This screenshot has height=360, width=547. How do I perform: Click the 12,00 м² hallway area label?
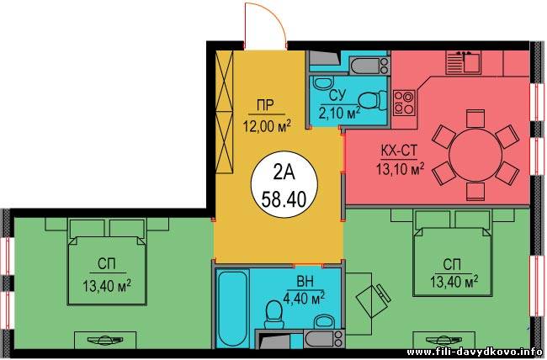[x=268, y=126]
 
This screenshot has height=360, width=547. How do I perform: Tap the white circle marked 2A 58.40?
[x=284, y=184]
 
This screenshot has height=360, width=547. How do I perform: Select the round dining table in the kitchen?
[x=475, y=156]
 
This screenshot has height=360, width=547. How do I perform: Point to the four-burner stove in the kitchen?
[x=404, y=103]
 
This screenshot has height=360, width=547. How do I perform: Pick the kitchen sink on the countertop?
[x=464, y=62]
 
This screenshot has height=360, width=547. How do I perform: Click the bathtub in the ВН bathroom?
[x=232, y=308]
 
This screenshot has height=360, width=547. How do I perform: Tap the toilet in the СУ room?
[x=373, y=100]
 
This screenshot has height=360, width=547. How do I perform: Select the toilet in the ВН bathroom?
[x=273, y=315]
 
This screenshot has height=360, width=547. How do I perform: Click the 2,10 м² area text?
[x=339, y=113]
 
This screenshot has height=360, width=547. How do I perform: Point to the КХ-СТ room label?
[x=399, y=151]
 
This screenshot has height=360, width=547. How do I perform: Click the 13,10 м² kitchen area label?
[x=400, y=169]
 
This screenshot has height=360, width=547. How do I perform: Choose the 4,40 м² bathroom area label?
[x=305, y=298]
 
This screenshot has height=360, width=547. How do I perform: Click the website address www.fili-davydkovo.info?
[x=474, y=352]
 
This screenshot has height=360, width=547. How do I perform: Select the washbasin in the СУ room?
[x=323, y=83]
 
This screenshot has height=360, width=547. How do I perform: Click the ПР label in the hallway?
[x=266, y=105]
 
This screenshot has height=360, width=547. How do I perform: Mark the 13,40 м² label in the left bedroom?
[x=107, y=286]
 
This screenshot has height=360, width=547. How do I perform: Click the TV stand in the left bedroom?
[x=105, y=340]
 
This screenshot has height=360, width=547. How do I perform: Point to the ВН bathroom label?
[x=305, y=282]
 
